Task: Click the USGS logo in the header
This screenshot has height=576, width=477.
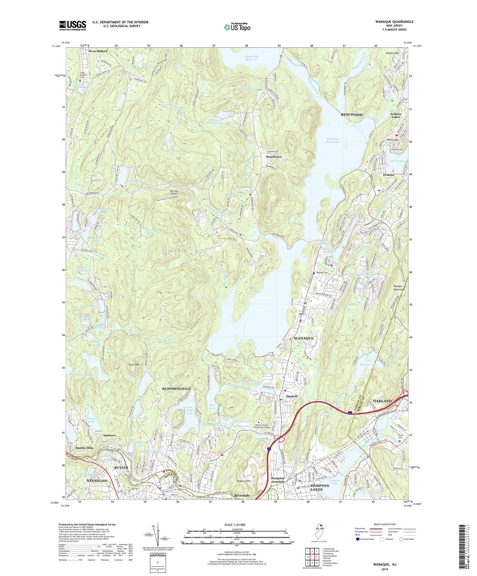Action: click(73, 25)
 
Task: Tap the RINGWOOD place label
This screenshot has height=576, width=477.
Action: click(352, 115)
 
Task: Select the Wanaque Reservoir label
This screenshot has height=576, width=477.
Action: click(332, 141)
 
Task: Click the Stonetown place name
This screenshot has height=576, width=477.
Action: click(274, 157)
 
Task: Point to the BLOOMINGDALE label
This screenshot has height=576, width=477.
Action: click(176, 389)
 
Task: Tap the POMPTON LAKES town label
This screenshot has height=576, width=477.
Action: click(320, 488)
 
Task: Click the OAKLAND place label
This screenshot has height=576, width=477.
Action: click(382, 401)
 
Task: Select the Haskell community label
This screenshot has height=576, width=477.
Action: click(292, 396)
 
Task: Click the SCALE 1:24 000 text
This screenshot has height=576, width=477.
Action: click(235, 525)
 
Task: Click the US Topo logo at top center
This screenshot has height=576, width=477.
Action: click(237, 27)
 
